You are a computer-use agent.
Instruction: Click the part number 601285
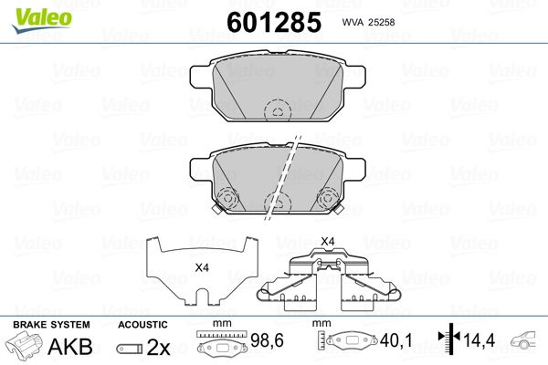coord(274,22)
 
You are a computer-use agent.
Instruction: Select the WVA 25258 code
coord(368,22)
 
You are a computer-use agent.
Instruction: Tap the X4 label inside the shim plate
coord(202,268)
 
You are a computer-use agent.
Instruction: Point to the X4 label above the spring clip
coord(328,241)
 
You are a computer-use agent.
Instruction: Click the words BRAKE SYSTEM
coord(51,325)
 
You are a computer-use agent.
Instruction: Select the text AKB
coord(70,347)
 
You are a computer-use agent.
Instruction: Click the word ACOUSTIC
coord(142,325)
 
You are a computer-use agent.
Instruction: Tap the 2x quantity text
coord(158,347)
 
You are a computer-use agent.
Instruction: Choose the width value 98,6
coord(267,340)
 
